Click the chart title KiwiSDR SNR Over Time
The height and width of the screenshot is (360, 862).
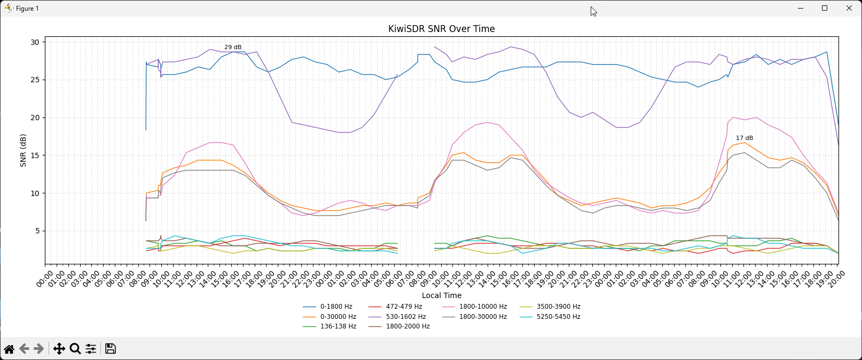[441, 29]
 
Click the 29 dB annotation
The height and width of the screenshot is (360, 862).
[233, 48]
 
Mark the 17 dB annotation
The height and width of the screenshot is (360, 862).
[744, 138]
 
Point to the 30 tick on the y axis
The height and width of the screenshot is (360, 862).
[35, 42]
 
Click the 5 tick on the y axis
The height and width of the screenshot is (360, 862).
[37, 231]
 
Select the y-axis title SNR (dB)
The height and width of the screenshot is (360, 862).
[23, 150]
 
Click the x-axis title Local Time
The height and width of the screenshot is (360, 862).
[441, 295]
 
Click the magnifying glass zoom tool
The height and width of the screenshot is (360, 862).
[75, 349]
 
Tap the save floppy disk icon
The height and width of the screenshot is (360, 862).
[111, 349]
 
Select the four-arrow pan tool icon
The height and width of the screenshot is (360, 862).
[59, 349]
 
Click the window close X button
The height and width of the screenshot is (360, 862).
[849, 8]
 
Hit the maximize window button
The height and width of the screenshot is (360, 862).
[825, 8]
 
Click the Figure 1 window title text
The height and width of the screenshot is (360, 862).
[27, 9]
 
